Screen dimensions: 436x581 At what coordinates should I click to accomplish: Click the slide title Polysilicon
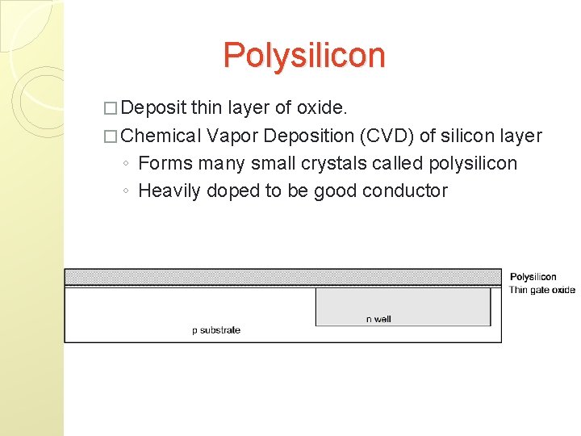(304, 56)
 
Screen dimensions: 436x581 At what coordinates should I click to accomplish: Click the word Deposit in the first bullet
(156, 108)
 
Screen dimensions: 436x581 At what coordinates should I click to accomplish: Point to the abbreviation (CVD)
(383, 136)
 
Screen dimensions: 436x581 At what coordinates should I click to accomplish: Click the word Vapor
(231, 136)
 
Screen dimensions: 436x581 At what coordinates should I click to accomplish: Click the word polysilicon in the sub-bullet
(473, 164)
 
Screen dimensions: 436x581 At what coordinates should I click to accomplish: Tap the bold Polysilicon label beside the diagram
(533, 278)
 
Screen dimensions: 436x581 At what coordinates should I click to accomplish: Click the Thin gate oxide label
(542, 290)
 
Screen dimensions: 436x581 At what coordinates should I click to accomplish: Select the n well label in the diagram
(378, 319)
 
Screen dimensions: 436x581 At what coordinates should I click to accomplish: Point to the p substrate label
(216, 329)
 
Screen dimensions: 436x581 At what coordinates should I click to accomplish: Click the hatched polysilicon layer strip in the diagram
(282, 277)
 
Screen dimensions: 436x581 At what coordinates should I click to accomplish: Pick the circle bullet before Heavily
(127, 191)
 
